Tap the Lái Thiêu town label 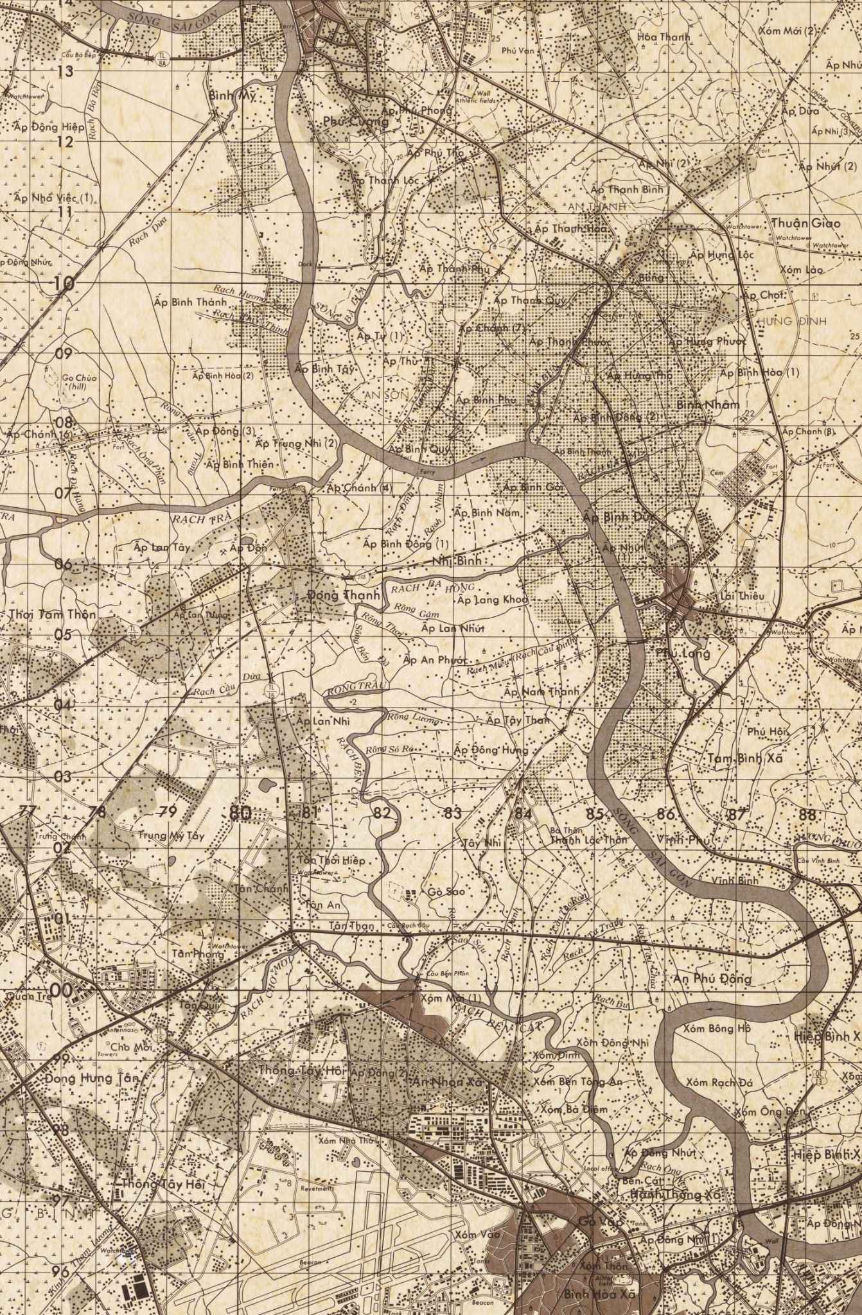click(x=743, y=595)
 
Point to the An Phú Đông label click(x=713, y=979)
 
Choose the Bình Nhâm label click(x=708, y=405)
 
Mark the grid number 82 click(x=382, y=814)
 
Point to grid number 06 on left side click(x=63, y=564)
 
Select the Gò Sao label click(x=446, y=891)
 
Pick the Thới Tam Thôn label click(x=53, y=614)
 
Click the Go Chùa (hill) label click(x=79, y=381)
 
